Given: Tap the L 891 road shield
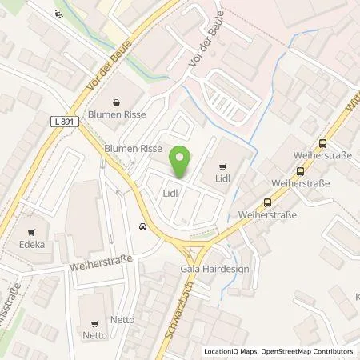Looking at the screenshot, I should point(66,120).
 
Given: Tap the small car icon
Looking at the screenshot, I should point(142,226).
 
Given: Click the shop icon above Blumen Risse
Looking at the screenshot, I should point(118,102).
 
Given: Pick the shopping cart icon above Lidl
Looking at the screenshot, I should point(221,167).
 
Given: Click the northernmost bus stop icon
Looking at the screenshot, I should point(322,144).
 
